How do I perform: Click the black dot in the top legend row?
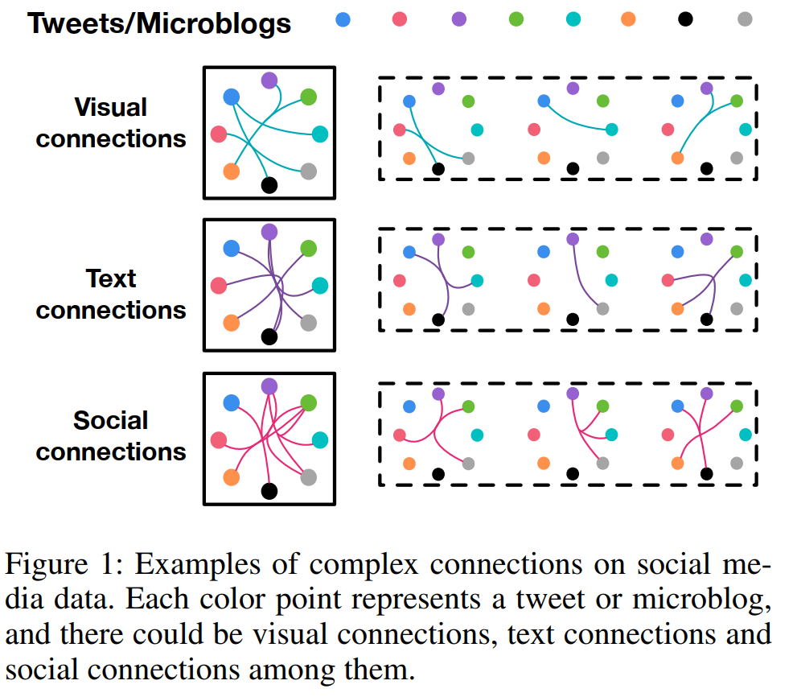[x=685, y=19]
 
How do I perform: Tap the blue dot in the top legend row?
[x=343, y=19]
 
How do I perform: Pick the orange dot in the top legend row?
[x=629, y=19]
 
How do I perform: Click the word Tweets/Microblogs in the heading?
[x=159, y=23]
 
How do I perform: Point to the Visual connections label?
[x=111, y=122]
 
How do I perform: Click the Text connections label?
[x=111, y=294]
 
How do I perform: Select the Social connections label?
[x=111, y=435]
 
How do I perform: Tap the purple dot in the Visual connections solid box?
[x=269, y=80]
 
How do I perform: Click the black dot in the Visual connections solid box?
[x=269, y=185]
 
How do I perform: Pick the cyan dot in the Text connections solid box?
[x=320, y=286]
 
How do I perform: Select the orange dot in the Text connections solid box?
[x=232, y=323]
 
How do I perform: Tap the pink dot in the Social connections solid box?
[x=218, y=439]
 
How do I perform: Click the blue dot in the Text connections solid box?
[x=232, y=249]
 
